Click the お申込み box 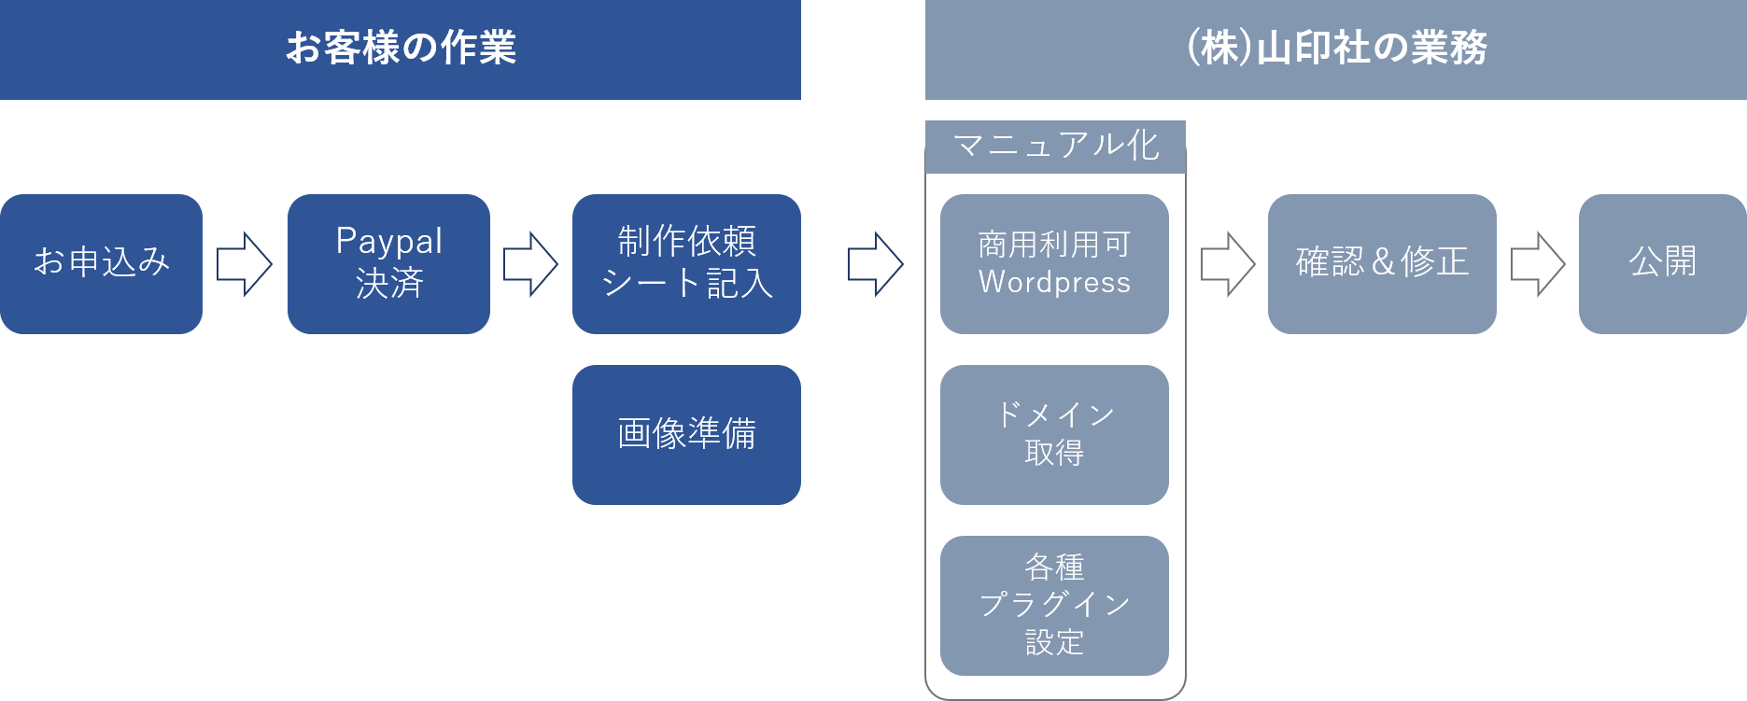coord(101,263)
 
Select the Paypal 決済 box coord(388,263)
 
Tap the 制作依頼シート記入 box coord(686,263)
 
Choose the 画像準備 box coord(686,434)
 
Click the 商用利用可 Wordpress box coord(1054,263)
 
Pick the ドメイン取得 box coord(1054,434)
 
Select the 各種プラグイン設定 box coord(1054,605)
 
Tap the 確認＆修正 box coord(1382,263)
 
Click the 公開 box coord(1662,263)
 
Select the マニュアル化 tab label coord(1055,146)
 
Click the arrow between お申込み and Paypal coord(245,264)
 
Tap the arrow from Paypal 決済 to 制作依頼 coord(531,264)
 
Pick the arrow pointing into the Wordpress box coord(876,264)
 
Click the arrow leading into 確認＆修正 coord(1228,264)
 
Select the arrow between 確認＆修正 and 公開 coord(1538,264)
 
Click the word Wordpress coord(1054,282)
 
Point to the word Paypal coord(388,241)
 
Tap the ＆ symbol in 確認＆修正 coord(1383,262)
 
